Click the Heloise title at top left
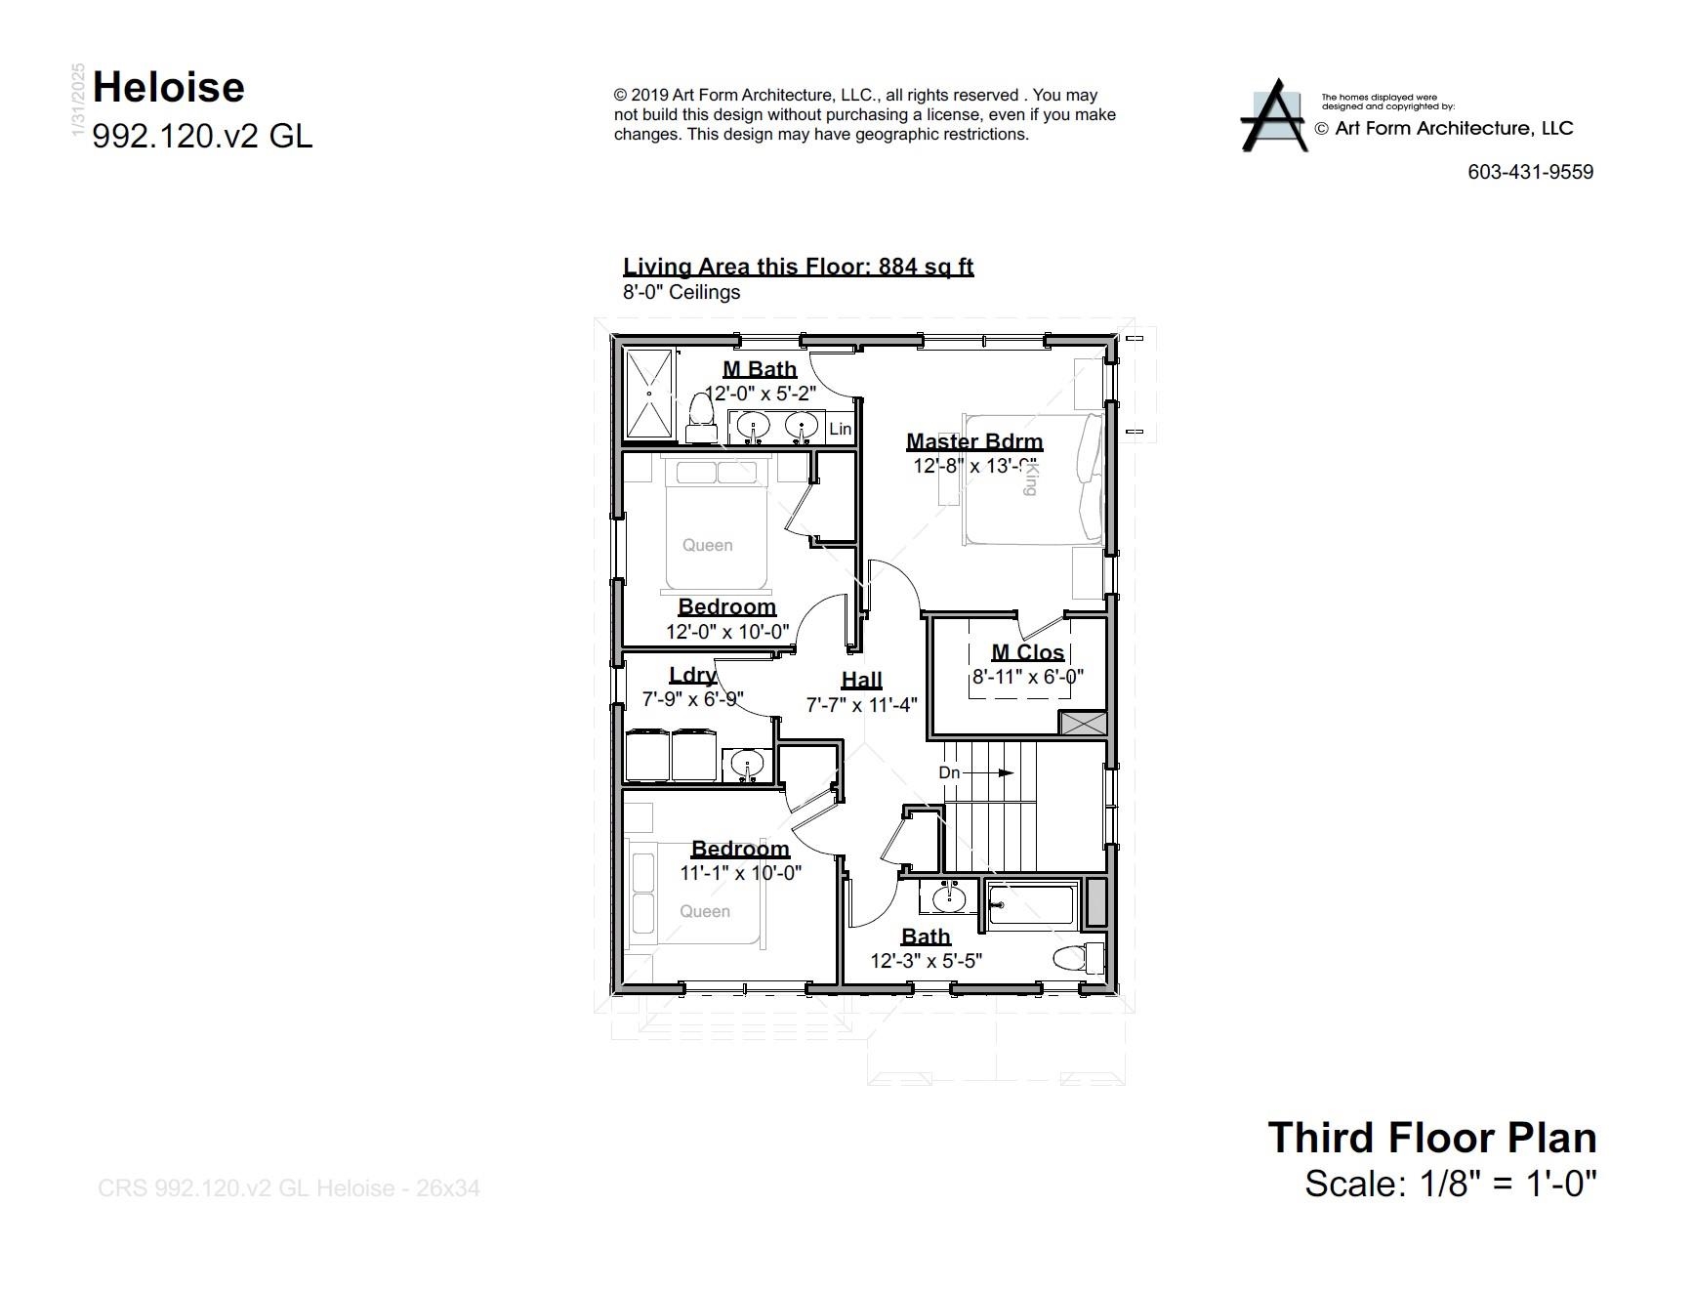click(x=168, y=88)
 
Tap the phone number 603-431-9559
click(x=1530, y=172)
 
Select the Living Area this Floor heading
click(x=798, y=267)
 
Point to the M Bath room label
click(x=759, y=369)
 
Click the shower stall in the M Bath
click(x=649, y=394)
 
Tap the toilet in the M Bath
click(x=699, y=417)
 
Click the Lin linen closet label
click(x=840, y=429)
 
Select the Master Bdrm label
click(x=973, y=441)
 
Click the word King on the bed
click(x=1029, y=479)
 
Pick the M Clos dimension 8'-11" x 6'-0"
click(x=1027, y=677)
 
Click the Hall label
click(x=861, y=680)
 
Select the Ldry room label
click(x=692, y=675)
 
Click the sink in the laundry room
click(x=748, y=764)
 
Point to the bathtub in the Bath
click(x=1031, y=904)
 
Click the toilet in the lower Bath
click(x=1078, y=957)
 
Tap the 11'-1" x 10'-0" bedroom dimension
click(x=740, y=873)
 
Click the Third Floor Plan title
click(x=1431, y=1138)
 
